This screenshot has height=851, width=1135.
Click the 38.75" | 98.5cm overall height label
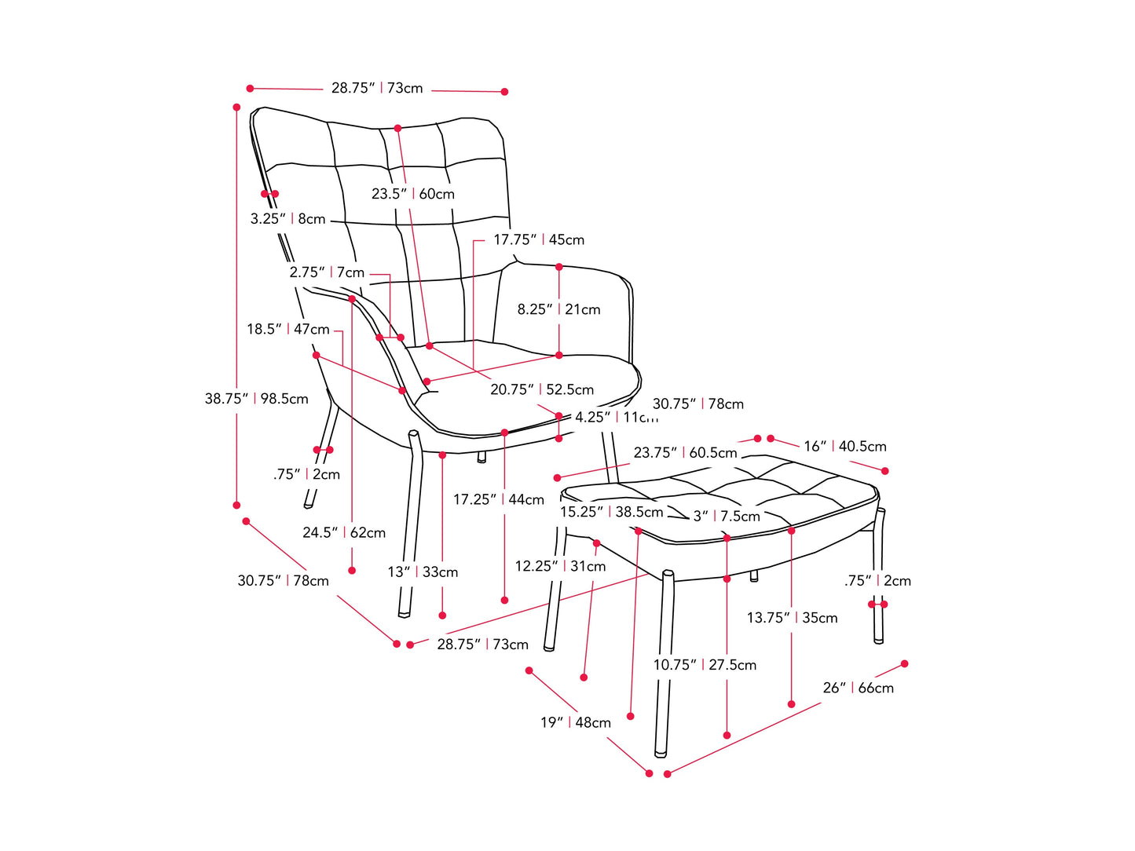click(x=257, y=399)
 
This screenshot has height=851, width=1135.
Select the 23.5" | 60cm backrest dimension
click(x=413, y=194)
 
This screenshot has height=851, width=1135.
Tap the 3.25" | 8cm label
click(x=287, y=219)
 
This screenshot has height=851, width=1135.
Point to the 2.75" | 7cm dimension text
click(x=327, y=272)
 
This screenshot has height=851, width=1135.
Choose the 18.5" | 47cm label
click(x=288, y=329)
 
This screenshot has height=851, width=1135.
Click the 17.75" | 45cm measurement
click(x=539, y=239)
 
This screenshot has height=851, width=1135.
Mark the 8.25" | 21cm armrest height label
click(x=558, y=309)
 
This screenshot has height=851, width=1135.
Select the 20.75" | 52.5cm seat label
click(x=542, y=389)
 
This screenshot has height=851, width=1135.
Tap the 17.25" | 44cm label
click(x=499, y=499)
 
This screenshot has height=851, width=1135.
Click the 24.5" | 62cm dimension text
click(x=344, y=532)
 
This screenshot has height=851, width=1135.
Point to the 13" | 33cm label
click(x=423, y=572)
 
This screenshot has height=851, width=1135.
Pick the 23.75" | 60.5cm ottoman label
click(x=686, y=453)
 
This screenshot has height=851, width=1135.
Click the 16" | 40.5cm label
click(x=845, y=446)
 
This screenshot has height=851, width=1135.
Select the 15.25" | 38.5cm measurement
click(x=612, y=512)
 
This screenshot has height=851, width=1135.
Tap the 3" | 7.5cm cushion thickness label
click(x=727, y=516)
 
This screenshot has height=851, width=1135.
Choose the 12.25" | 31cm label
click(x=561, y=566)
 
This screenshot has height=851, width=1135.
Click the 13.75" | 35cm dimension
click(x=792, y=618)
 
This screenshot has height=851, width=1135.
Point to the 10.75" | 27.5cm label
click(x=705, y=665)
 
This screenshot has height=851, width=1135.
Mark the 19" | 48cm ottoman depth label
click(x=576, y=722)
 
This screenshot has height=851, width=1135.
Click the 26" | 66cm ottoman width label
click(x=859, y=688)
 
